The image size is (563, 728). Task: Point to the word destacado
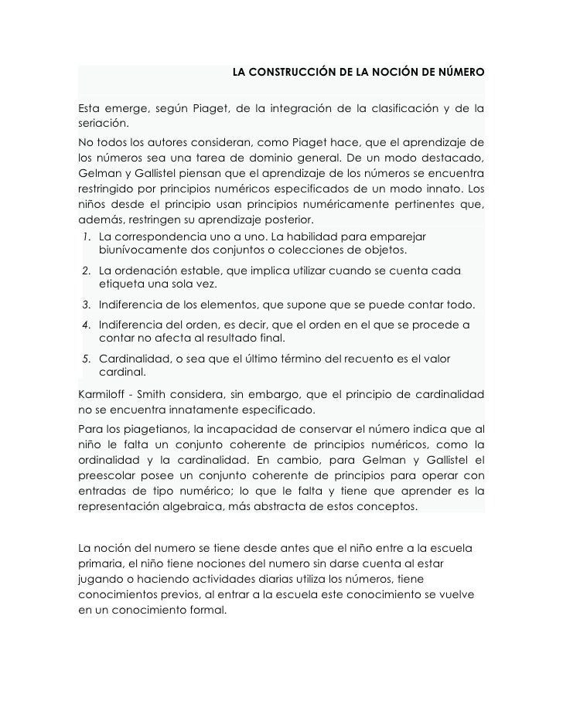coord(452,158)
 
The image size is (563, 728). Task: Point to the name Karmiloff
coord(107,393)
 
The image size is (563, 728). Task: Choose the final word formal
coord(207,609)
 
